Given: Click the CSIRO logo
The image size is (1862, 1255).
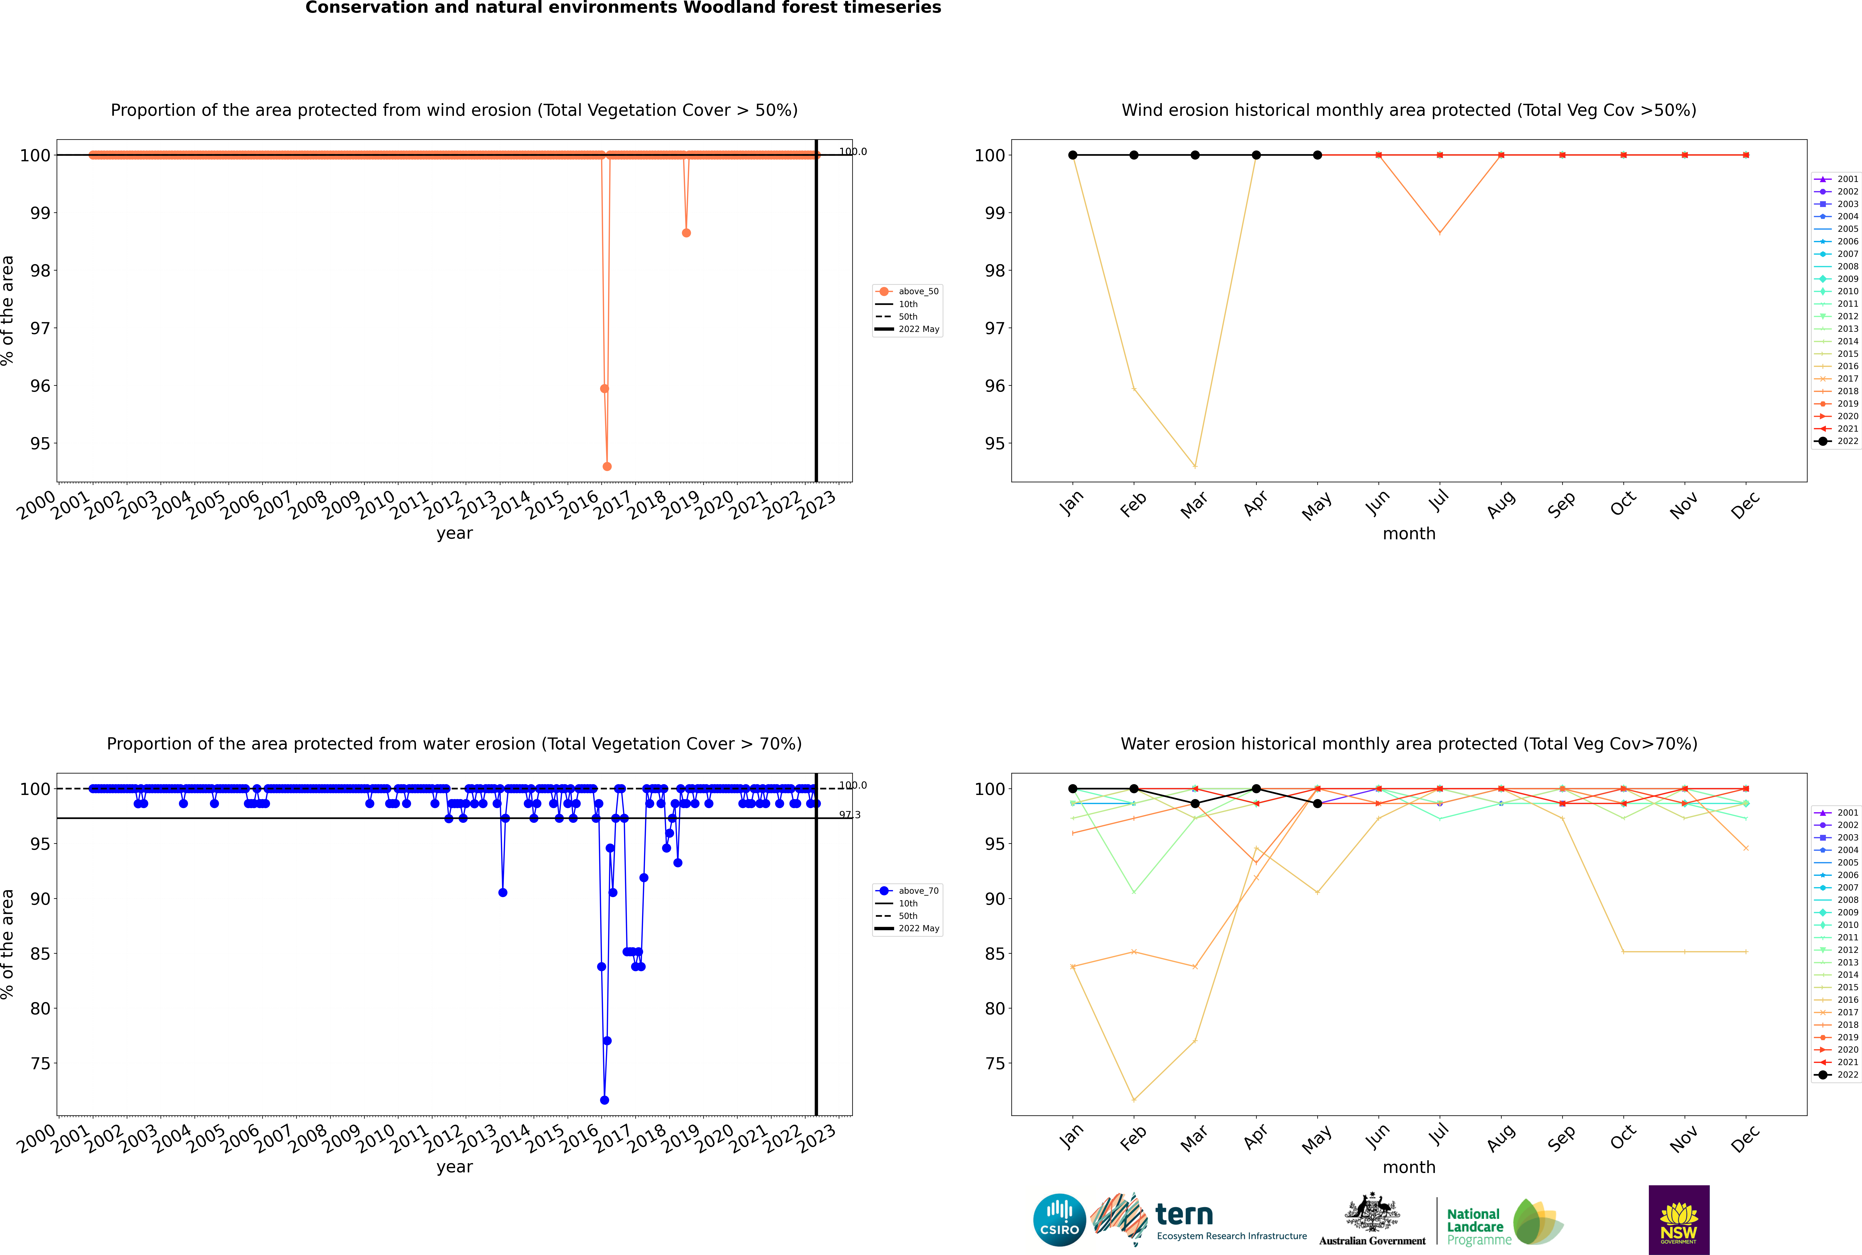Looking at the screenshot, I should (1059, 1220).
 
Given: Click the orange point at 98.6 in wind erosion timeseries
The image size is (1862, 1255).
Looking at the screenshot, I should (686, 233).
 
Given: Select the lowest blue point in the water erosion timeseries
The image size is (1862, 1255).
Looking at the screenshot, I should (604, 1100).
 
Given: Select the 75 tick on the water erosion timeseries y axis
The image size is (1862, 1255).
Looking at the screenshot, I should (40, 1064).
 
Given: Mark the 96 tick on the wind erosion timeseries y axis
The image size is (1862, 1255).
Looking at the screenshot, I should (40, 386).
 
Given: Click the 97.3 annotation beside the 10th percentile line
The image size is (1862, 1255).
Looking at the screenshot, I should (849, 815).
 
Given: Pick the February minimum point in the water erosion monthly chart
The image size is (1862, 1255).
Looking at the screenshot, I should (1134, 1100).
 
